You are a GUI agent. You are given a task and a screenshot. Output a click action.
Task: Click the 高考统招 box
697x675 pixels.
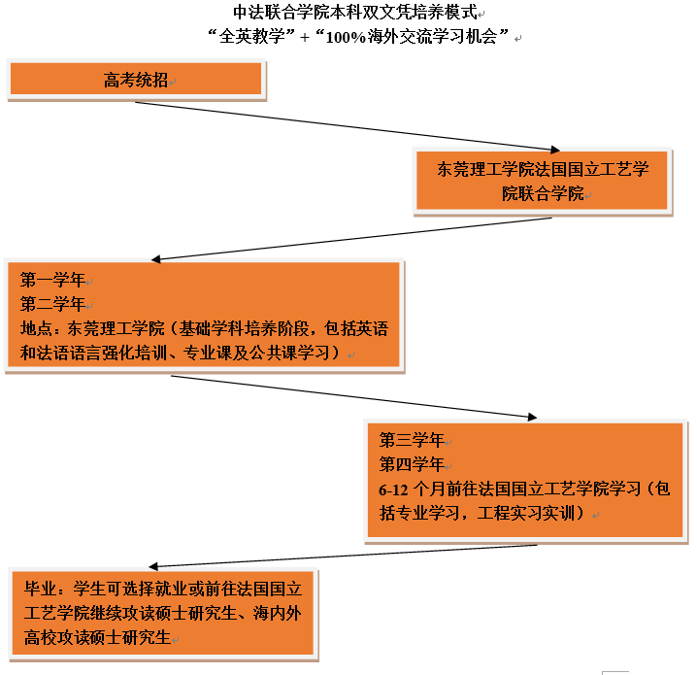click(x=136, y=79)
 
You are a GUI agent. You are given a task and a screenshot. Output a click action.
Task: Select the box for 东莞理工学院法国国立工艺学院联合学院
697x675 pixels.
click(x=543, y=181)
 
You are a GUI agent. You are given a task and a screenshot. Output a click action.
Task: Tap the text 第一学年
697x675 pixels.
click(x=52, y=280)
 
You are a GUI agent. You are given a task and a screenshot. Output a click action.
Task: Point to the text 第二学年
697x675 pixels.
click(x=52, y=304)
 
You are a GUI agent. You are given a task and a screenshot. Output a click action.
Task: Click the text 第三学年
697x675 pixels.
click(x=412, y=440)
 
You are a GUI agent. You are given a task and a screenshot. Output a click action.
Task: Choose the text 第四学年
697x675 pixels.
click(x=412, y=464)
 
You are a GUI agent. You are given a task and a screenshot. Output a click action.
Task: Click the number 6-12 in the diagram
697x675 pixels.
click(x=393, y=490)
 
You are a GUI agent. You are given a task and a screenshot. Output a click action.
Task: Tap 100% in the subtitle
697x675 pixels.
click(x=346, y=37)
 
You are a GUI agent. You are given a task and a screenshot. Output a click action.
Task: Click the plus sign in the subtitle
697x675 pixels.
click(x=305, y=37)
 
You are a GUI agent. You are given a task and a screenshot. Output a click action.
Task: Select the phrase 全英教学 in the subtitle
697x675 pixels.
click(x=252, y=37)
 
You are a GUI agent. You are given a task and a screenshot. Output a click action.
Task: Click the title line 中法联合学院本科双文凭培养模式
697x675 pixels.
click(x=355, y=12)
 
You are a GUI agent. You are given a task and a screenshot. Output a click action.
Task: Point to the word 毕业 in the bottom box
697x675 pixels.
click(x=41, y=589)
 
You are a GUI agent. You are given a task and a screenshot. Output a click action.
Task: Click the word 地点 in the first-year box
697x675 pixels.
click(x=37, y=328)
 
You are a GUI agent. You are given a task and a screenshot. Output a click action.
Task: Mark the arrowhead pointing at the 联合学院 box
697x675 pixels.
click(x=555, y=150)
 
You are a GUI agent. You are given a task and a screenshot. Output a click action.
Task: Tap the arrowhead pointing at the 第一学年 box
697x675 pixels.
click(x=156, y=259)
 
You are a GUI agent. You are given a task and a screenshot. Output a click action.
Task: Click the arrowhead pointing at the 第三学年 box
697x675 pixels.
click(x=533, y=417)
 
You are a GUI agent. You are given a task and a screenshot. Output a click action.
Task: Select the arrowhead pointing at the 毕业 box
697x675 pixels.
click(x=153, y=566)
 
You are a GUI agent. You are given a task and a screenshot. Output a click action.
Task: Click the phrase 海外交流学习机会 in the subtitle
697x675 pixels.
click(x=433, y=37)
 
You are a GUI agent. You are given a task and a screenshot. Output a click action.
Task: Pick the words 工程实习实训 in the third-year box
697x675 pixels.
click(x=526, y=513)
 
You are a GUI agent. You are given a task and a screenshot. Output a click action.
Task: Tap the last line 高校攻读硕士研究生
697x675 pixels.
click(x=98, y=638)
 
